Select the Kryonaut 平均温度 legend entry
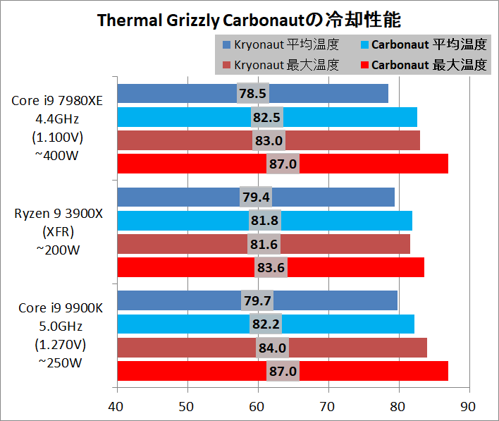pos(281,45)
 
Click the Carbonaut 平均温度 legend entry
pos(423,45)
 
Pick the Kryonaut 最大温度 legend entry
pos(281,66)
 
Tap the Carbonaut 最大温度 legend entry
pos(423,66)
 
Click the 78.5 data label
pos(253,93)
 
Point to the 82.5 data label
pos(267,117)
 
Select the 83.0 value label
pos(269,140)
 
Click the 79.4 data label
pos(256,197)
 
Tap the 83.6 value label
pos(271,267)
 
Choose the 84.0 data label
pos(273,348)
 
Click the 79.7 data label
pos(257,300)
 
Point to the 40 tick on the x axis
pos(116,406)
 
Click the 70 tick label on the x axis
pos(328,406)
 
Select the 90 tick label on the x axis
pos(469,406)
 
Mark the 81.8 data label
pos(264,221)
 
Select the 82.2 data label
pos(266,324)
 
